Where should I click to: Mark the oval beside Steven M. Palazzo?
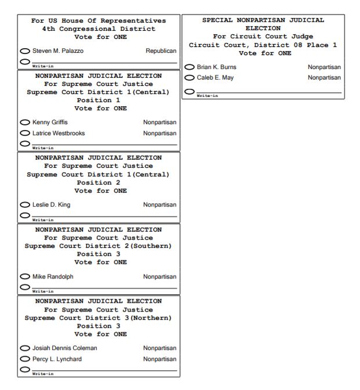[25, 51]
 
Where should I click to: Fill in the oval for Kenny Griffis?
[25, 122]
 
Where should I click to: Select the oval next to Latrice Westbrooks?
[25, 133]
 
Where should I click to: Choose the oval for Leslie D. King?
[25, 205]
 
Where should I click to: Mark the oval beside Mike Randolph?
[25, 276]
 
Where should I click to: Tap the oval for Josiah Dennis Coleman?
[25, 348]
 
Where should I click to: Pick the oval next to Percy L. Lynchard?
[25, 359]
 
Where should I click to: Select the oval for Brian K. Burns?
[189, 67]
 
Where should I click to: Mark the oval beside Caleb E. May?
[189, 78]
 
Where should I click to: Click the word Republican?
[161, 51]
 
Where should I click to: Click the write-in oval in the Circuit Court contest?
[189, 91]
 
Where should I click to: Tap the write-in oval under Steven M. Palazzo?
[25, 61]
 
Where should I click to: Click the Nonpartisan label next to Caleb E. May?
[324, 78]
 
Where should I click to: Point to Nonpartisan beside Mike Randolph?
[159, 276]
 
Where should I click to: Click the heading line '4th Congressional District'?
[99, 29]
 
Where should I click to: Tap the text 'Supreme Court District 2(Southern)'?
[99, 245]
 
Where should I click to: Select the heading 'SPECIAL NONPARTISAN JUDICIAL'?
[263, 20]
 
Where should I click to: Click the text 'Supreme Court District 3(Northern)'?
[99, 317]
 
